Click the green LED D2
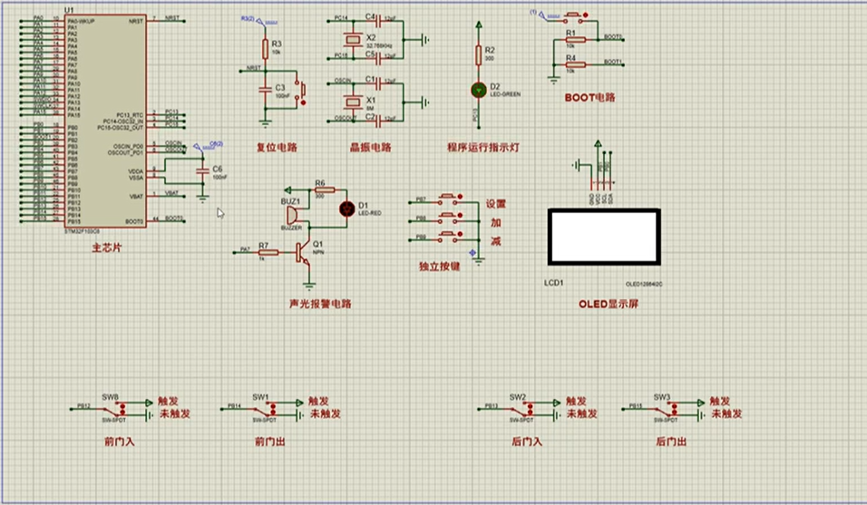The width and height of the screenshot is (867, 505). (479, 89)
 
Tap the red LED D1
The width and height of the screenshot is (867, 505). (346, 209)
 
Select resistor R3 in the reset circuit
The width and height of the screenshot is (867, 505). (265, 48)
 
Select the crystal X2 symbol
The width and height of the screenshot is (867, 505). (350, 40)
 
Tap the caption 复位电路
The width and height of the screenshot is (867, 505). (277, 147)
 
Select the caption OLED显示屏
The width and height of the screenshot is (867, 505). (609, 304)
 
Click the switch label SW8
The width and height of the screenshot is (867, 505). (110, 397)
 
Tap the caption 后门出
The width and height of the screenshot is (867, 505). (670, 442)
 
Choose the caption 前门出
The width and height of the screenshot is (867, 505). (269, 442)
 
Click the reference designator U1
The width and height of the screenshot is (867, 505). (70, 11)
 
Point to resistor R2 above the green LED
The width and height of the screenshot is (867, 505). (479, 53)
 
